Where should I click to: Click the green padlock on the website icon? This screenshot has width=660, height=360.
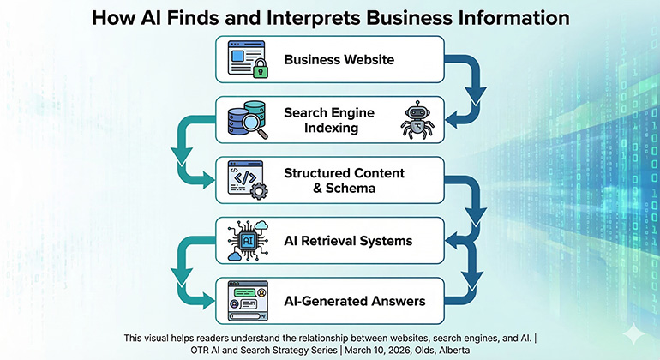click(x=261, y=71)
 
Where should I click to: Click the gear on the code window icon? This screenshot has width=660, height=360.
click(x=259, y=189)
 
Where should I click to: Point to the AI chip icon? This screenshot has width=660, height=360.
click(x=248, y=240)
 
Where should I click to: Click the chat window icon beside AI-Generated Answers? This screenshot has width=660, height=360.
click(x=247, y=300)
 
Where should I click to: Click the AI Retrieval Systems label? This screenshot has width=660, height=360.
click(x=348, y=240)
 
